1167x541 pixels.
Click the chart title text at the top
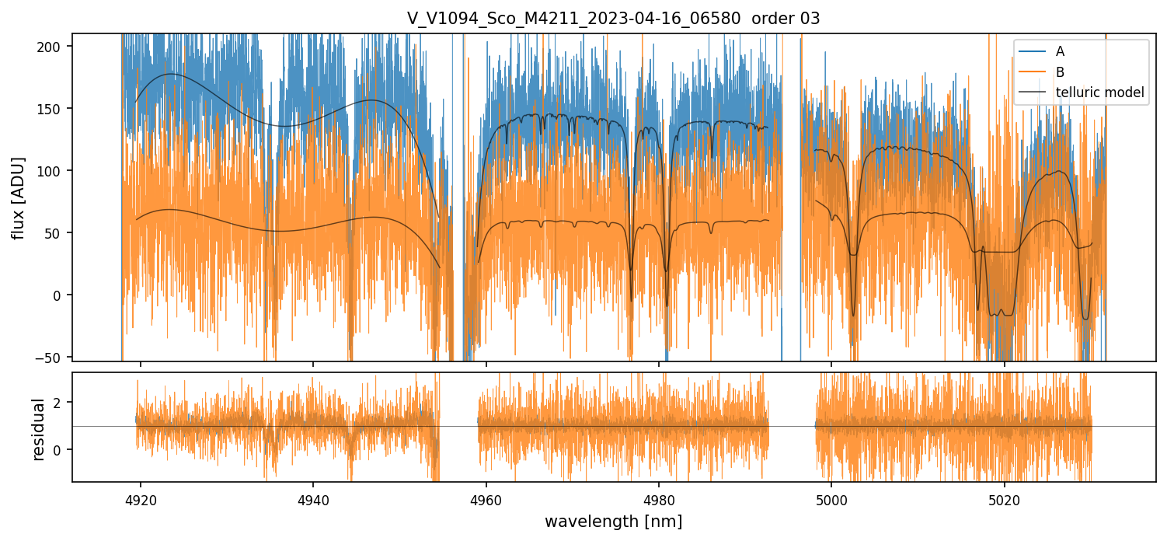click(613, 19)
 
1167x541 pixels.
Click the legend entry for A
click(1060, 52)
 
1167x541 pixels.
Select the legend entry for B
click(1060, 72)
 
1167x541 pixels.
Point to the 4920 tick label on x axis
click(141, 498)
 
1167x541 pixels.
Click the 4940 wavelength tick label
click(313, 498)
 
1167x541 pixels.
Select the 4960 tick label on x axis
click(486, 498)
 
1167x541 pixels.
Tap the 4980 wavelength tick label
click(659, 498)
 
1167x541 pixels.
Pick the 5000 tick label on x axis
click(831, 498)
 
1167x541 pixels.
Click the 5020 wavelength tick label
click(1005, 498)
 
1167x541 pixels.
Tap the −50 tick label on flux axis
click(50, 358)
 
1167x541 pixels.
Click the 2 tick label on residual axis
click(59, 403)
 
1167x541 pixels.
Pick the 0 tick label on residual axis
click(59, 450)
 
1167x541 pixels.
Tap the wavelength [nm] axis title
click(613, 521)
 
